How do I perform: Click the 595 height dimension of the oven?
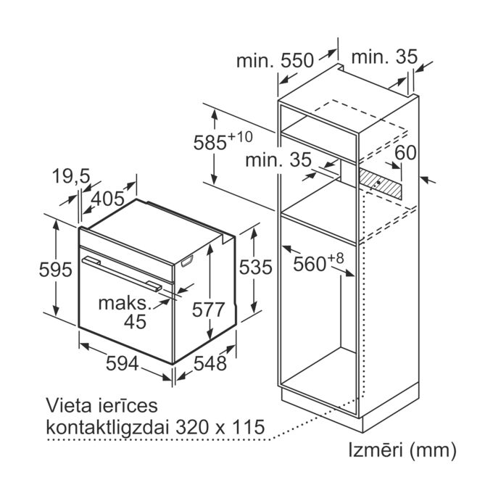56,270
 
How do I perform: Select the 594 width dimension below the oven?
122,363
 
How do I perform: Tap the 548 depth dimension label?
210,363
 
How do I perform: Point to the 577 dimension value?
208,310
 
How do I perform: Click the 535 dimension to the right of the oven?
256,268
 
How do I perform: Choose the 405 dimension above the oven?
107,199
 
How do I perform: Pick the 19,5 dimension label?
71,176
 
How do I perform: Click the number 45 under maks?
135,321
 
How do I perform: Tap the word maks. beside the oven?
125,303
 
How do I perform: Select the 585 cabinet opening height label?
223,141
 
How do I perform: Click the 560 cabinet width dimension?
318,262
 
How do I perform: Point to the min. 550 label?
275,60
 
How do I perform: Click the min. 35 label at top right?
384,57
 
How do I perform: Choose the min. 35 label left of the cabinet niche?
278,159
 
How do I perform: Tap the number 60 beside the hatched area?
405,153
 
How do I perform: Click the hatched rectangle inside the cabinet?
381,184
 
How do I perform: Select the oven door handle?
122,273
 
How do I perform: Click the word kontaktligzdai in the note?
106,427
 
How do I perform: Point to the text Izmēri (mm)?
402,450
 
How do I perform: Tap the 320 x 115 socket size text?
220,427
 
